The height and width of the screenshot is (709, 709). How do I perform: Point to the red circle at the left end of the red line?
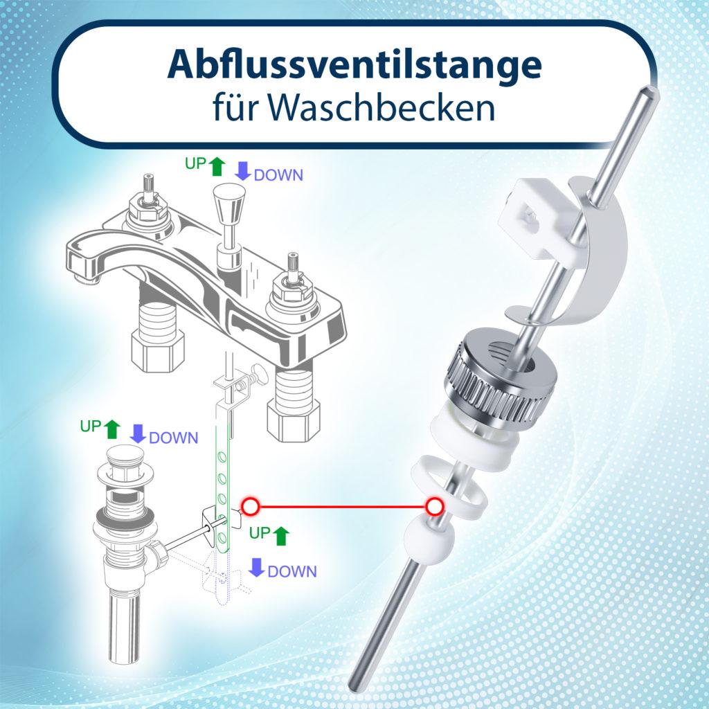point(251,507)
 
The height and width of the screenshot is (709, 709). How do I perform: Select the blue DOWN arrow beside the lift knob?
point(242,170)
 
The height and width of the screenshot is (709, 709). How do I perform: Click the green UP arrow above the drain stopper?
point(109,430)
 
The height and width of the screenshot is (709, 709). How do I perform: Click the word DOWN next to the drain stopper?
point(173,438)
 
